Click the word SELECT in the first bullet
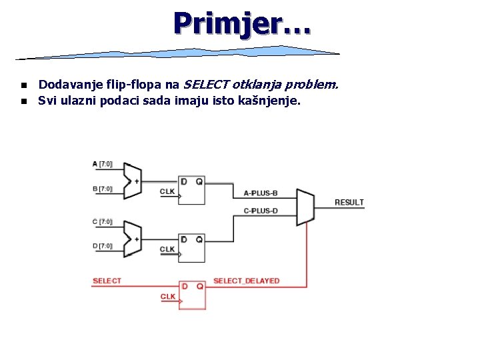tap(206, 85)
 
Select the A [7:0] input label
tap(103, 164)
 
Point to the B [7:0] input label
tap(103, 189)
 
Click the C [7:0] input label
tap(103, 221)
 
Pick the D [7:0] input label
tap(103, 246)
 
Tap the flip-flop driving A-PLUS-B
tap(191, 190)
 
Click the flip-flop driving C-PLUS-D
tap(191, 248)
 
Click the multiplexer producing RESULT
tap(305, 207)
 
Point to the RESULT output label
tap(349, 202)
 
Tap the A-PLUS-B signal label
tap(261, 193)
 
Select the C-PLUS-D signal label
tap(261, 211)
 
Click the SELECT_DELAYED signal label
tap(246, 281)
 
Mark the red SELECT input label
tap(107, 281)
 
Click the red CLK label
tap(168, 296)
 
